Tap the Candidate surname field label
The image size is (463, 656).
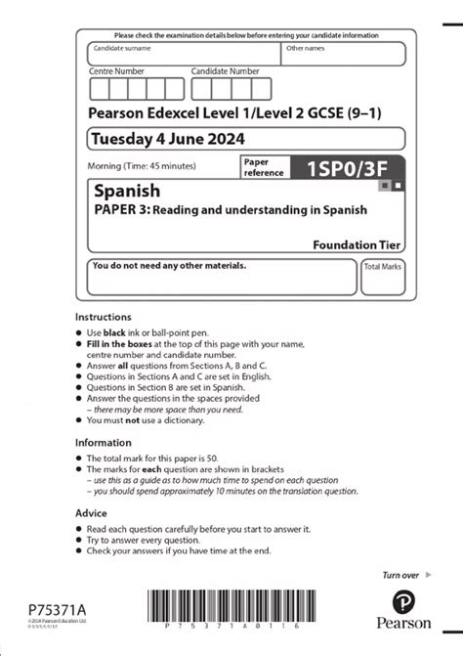(122, 48)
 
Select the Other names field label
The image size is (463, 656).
(305, 48)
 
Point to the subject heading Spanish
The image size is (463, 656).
(122, 191)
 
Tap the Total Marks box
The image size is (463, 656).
(383, 277)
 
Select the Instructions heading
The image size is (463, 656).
(104, 317)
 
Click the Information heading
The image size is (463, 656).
(105, 442)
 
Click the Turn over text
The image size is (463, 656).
(400, 576)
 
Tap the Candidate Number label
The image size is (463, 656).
(225, 71)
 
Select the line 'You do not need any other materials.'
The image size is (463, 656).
(169, 265)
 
